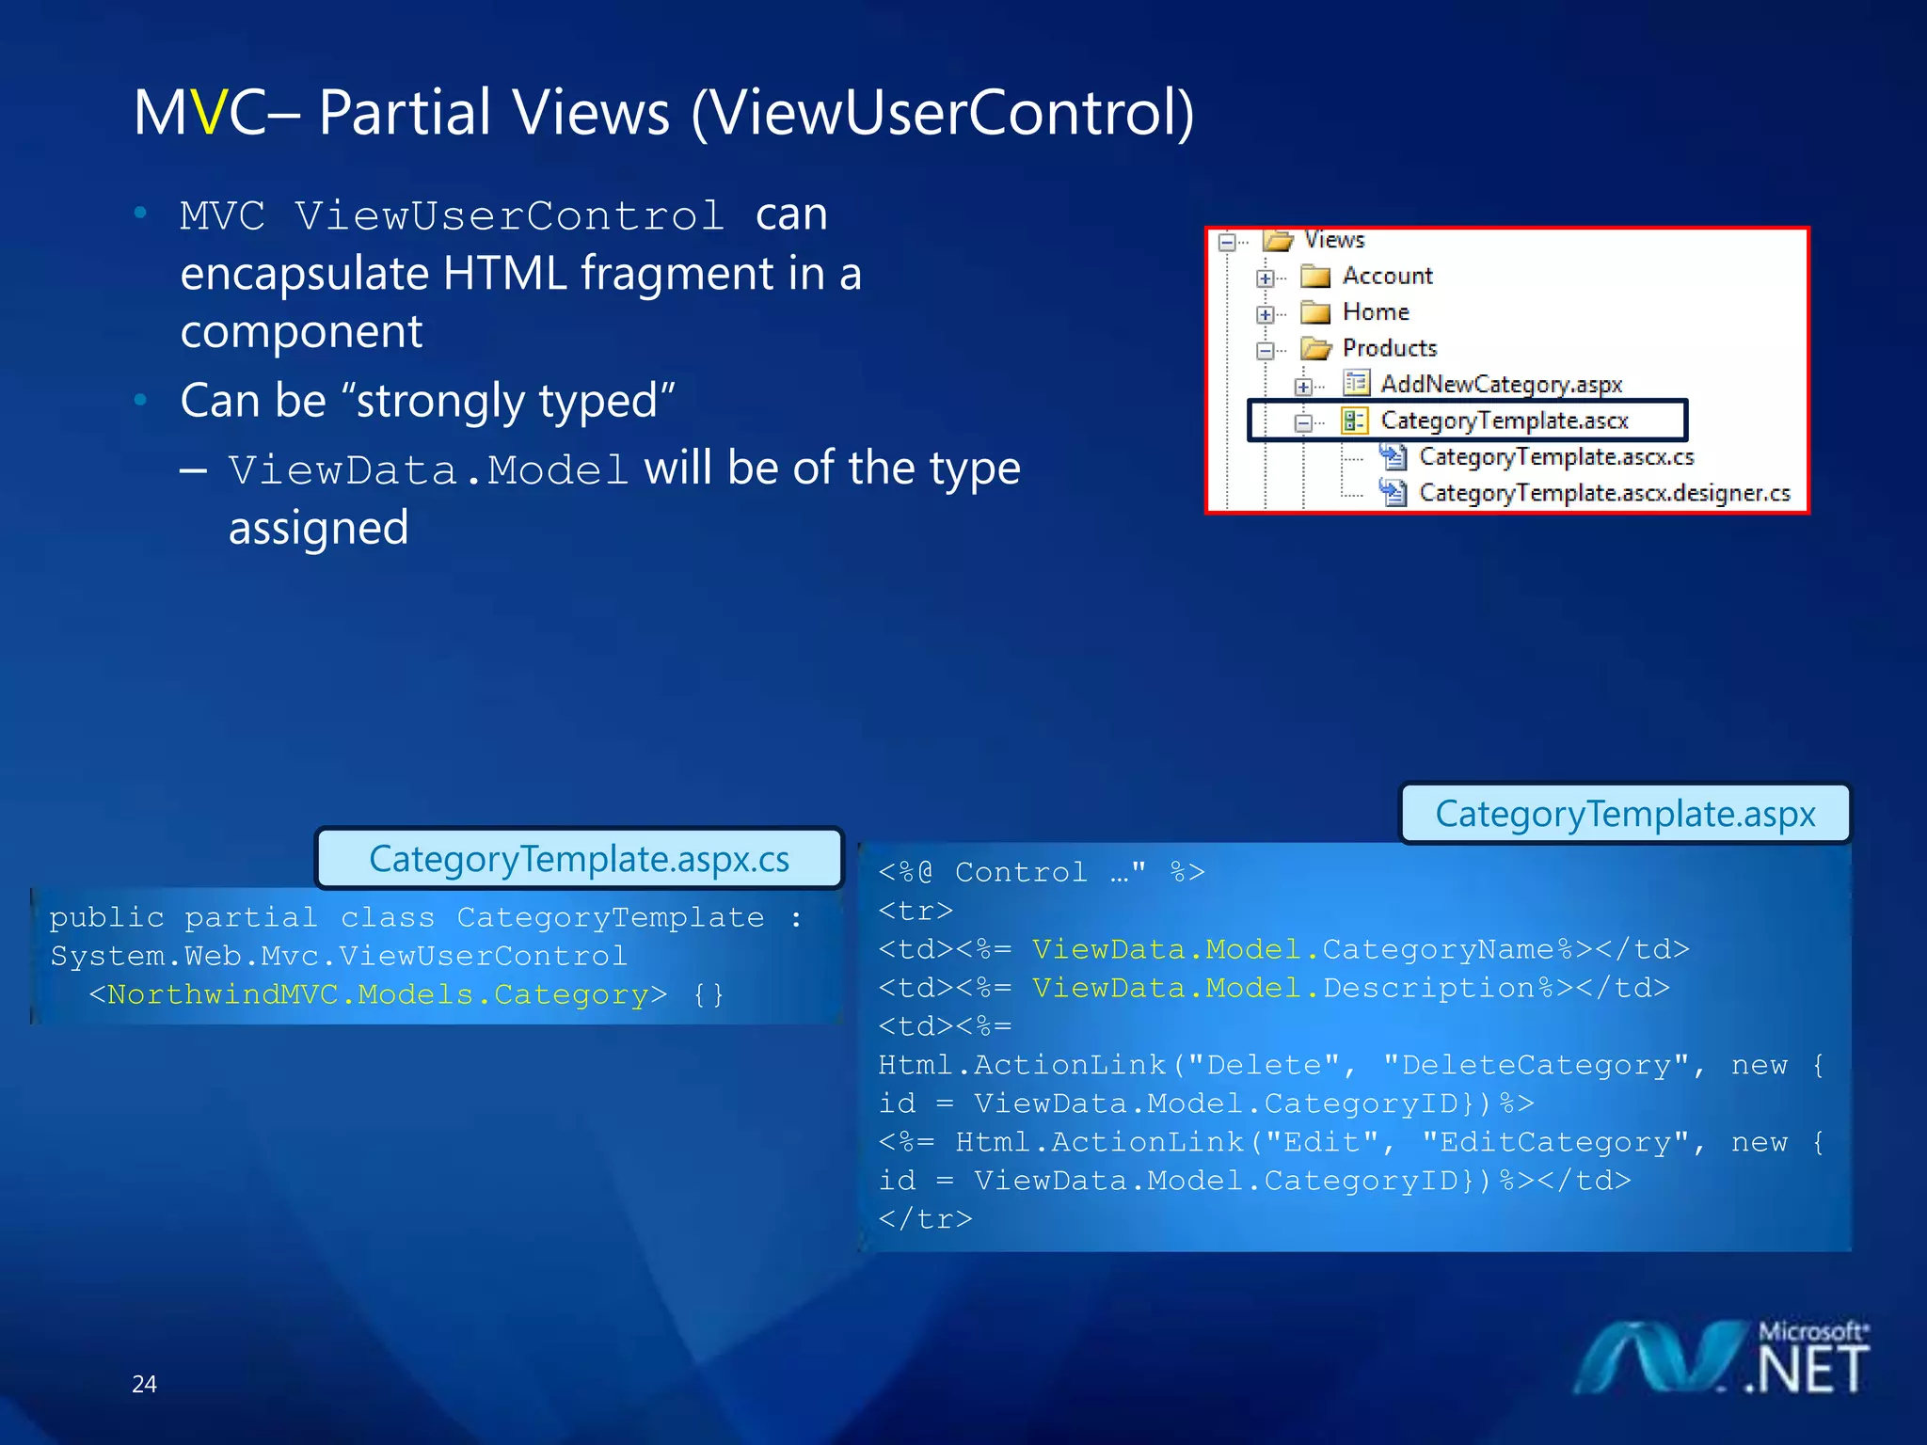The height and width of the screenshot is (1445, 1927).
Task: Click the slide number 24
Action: (x=144, y=1384)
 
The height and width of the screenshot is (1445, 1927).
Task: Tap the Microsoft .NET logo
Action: (x=1722, y=1358)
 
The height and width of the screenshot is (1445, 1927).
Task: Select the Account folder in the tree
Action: (x=1387, y=276)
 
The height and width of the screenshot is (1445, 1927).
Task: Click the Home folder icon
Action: (x=1314, y=312)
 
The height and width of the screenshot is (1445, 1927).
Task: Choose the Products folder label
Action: (x=1390, y=348)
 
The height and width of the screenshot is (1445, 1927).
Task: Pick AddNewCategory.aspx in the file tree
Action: (x=1501, y=384)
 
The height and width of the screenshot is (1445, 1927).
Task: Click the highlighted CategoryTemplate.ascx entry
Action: (x=1504, y=421)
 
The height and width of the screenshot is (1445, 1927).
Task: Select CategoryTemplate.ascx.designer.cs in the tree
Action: (x=1604, y=493)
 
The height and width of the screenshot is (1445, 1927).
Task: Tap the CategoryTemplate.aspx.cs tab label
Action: (x=579, y=859)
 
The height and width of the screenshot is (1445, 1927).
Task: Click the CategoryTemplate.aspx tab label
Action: (x=1625, y=814)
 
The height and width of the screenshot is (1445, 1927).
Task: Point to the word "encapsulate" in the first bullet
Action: (x=304, y=274)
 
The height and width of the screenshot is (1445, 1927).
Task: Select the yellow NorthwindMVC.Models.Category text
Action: (x=377, y=994)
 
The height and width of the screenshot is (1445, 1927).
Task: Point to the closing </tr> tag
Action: (x=925, y=1219)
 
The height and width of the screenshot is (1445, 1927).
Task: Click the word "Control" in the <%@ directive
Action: (x=1021, y=872)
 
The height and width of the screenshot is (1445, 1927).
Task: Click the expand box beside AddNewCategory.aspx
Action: (x=1303, y=386)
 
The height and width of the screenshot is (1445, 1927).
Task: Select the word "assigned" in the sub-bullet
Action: (x=318, y=528)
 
